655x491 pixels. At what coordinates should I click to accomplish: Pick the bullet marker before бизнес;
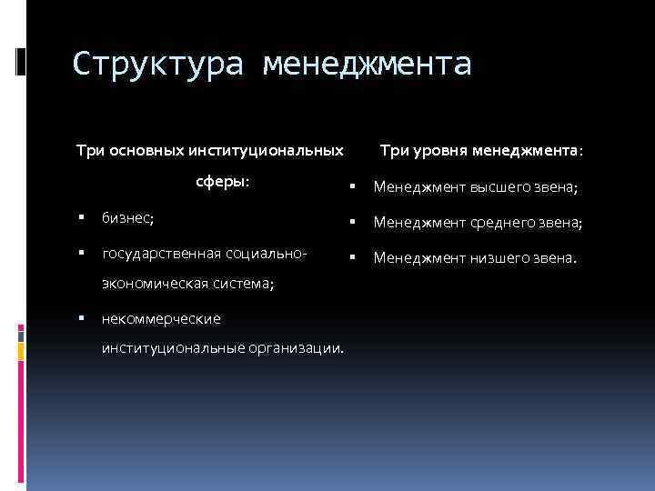[81, 218]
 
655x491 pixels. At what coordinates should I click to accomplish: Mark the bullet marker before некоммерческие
[81, 319]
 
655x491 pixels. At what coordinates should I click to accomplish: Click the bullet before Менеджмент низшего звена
[349, 257]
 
